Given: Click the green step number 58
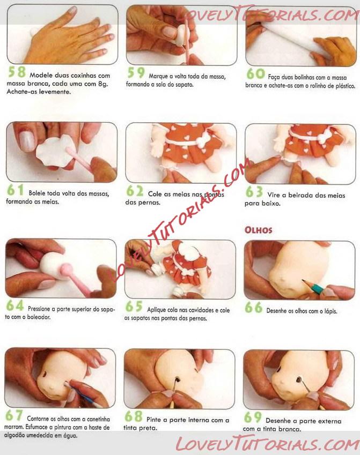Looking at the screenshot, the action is point(17,72).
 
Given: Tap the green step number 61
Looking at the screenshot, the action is point(16,190).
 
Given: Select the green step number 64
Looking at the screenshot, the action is point(15,305).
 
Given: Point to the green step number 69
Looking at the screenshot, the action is point(253,417).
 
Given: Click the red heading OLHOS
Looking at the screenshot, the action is point(258,230).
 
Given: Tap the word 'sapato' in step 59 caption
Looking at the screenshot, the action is point(183,85).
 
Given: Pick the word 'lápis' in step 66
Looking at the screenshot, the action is point(330,311).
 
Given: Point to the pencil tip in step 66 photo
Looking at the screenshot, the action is point(303,281).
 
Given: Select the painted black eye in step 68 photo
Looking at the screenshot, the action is point(177,379).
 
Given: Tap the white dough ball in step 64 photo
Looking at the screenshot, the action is point(52,265).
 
